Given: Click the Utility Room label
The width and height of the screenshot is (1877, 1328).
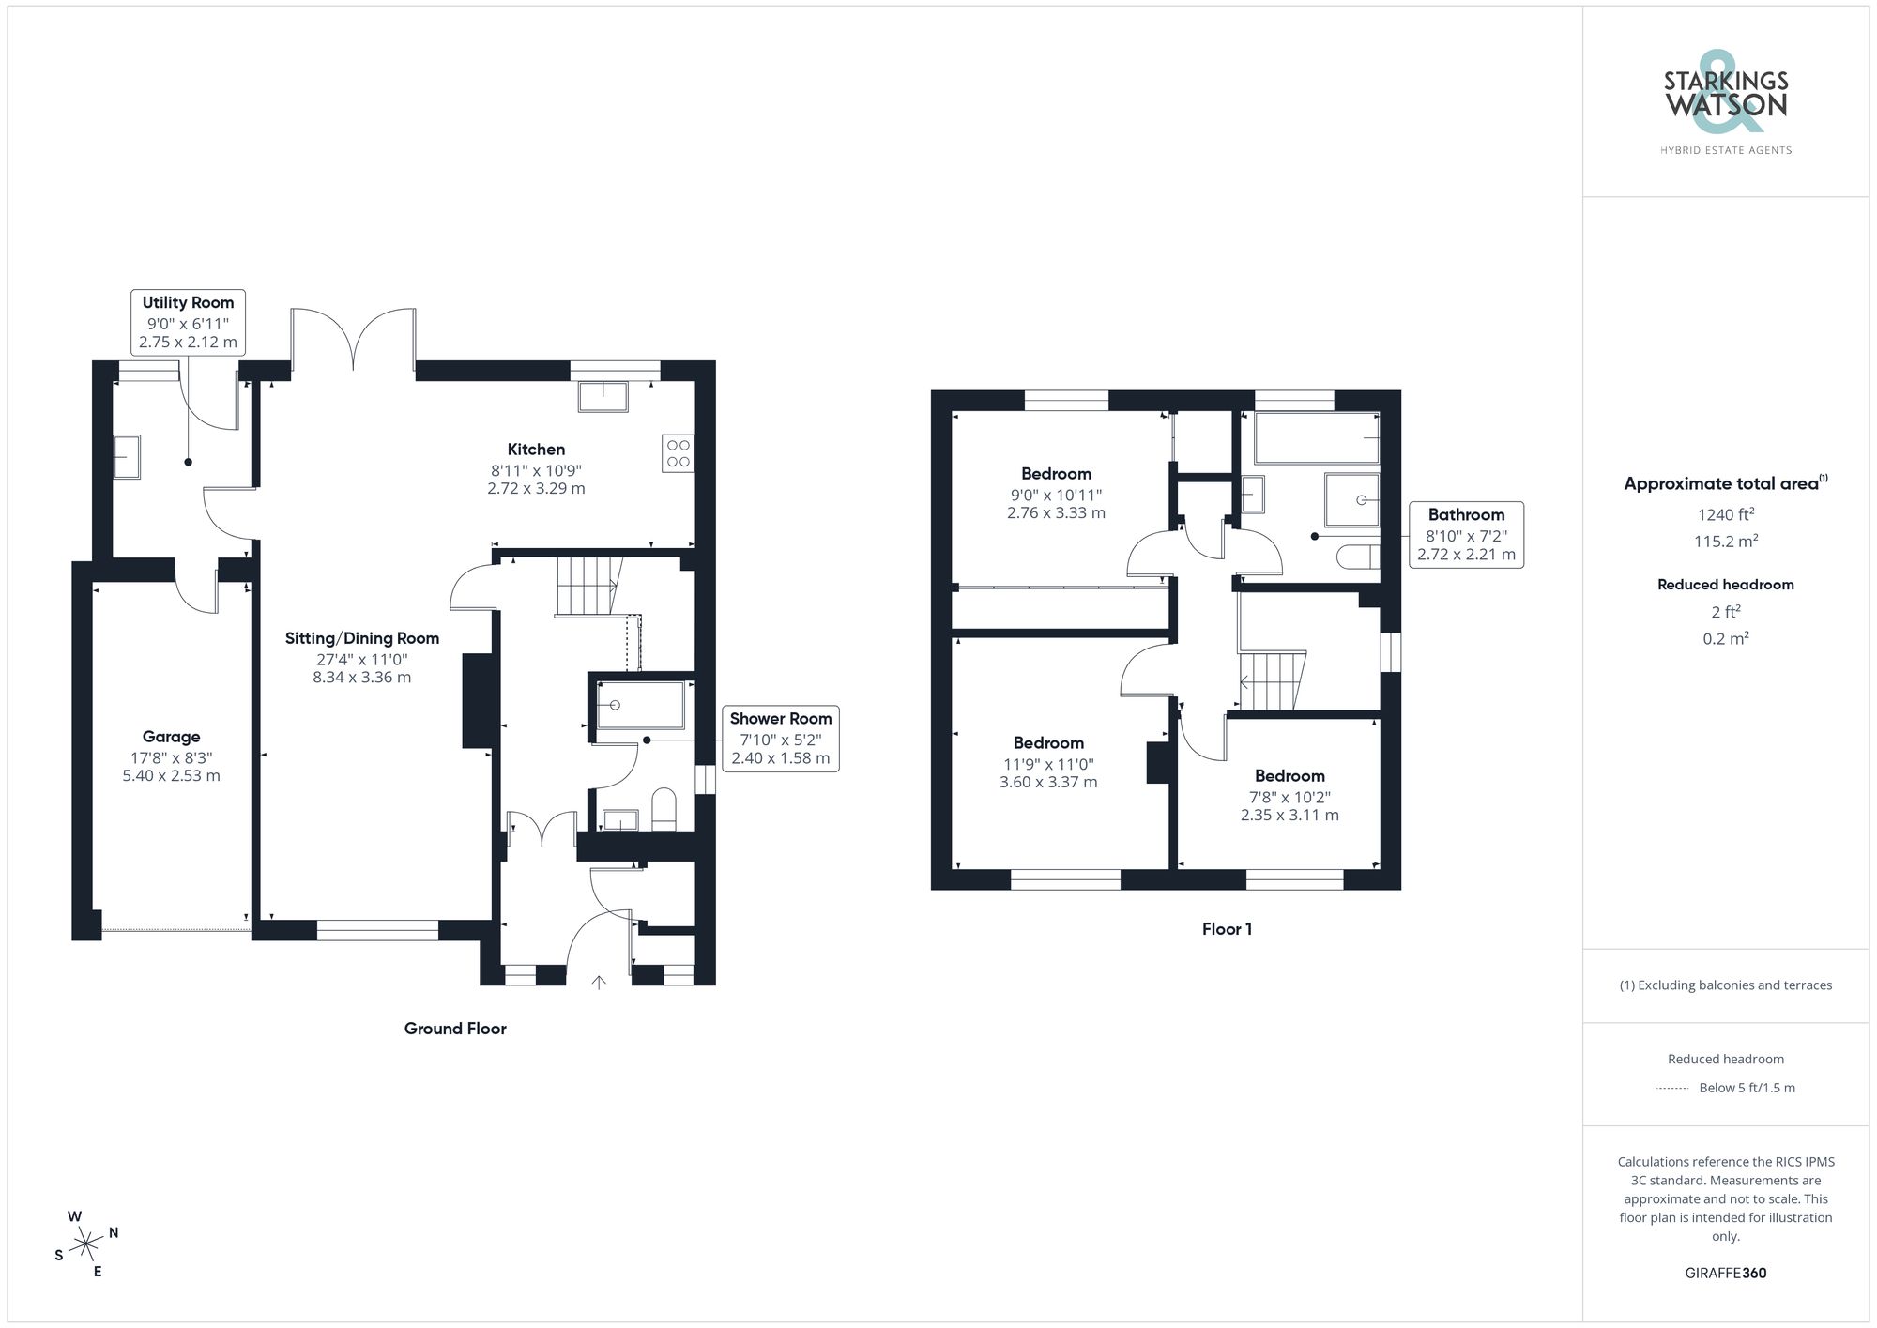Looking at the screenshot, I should pos(188,302).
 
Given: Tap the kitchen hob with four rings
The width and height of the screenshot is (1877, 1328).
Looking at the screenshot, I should pos(678,453).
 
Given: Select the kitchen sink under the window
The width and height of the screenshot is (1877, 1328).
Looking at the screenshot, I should pos(603,396).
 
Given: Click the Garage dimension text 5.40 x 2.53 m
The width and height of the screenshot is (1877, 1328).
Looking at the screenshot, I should pos(171,776).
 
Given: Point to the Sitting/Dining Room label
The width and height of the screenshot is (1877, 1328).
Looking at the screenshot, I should pos(362,638).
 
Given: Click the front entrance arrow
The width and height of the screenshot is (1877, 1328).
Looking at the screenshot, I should pos(599,983).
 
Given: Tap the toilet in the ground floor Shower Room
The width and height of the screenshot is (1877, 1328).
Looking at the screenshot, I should pos(664,810).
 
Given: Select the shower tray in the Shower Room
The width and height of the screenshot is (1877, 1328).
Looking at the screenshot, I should pos(641,705).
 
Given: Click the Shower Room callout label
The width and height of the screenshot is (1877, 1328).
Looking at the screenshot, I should pos(781,719).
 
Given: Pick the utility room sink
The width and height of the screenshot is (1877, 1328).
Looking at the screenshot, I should pos(127,457).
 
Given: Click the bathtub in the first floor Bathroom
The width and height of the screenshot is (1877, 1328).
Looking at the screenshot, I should pos(1316,438).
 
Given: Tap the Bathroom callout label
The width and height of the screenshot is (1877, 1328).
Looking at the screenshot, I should pos(1466,514).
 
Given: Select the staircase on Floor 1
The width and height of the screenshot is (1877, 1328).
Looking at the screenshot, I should pos(1272,680).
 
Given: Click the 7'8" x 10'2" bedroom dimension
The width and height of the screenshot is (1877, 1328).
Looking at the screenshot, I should pos(1289,797).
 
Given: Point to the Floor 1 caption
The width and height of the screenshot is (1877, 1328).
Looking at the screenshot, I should pos(1227,929).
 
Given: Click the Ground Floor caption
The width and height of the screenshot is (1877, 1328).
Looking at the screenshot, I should pos(455,1029).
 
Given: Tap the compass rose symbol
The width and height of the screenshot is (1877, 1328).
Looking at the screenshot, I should pos(86,1244).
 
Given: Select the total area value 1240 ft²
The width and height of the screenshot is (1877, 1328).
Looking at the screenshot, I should pos(1725,514).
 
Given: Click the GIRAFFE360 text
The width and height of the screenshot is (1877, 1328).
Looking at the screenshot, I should pos(1725,1274).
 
